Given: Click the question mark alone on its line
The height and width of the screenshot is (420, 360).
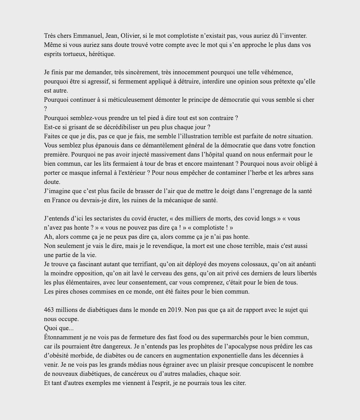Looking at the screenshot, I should pos(45,109).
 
